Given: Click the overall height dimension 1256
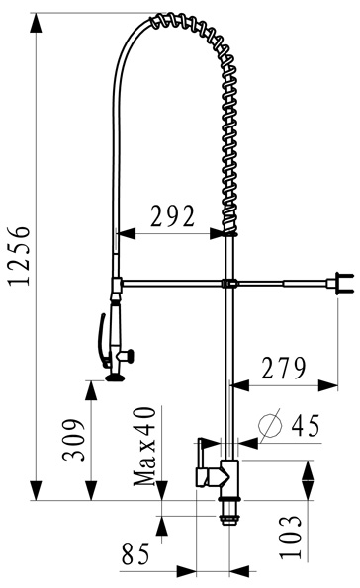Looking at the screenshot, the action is click(x=20, y=256).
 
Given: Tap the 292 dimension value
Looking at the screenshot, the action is click(x=173, y=216).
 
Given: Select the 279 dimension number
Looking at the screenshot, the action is click(x=284, y=369).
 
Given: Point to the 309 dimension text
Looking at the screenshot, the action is click(x=74, y=440).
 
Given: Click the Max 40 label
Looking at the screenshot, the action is click(x=144, y=447).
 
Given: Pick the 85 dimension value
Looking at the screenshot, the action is click(x=135, y=553).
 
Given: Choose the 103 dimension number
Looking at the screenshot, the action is click(x=290, y=538).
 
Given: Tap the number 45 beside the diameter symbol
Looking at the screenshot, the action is click(x=306, y=426).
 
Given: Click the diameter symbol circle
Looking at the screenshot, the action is click(x=270, y=425).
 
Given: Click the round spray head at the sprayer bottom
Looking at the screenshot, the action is click(x=115, y=378).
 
